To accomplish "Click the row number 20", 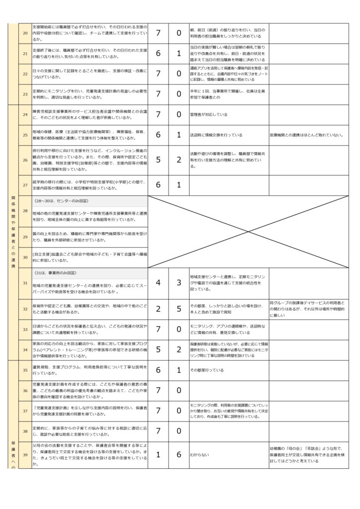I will pos(25,32).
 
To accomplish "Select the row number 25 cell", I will pos(25,135).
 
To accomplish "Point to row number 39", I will pos(25,454).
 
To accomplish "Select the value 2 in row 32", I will pos(158,309).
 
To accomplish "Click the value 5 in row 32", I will pos(179,309).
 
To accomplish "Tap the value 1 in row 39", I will pos(158,454).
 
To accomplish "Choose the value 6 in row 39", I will pos(179,454).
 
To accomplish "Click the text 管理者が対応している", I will pos(208,114).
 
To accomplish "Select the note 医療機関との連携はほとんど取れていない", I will pos(306,135).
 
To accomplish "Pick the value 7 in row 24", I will pos(158,114).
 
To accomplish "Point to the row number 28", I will pos(25,211).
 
